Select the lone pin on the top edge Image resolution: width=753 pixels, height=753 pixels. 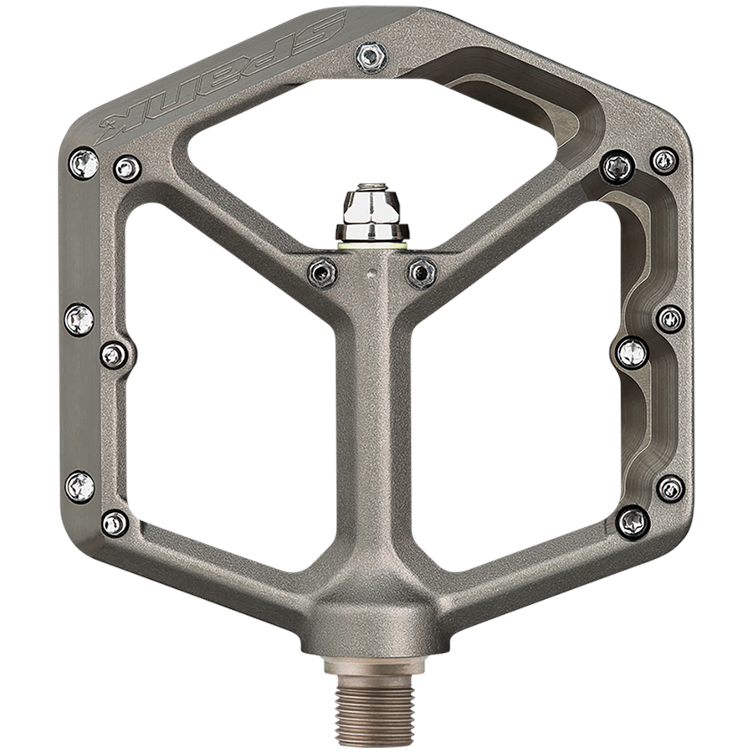click(x=371, y=57)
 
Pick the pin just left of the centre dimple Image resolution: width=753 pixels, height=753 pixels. click(x=322, y=272)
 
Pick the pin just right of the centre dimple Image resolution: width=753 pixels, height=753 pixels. click(x=422, y=272)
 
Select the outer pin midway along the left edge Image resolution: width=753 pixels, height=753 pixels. click(x=79, y=319)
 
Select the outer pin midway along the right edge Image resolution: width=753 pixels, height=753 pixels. click(x=670, y=318)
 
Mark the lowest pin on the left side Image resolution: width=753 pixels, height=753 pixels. click(x=115, y=524)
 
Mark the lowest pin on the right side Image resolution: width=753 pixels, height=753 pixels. click(x=633, y=523)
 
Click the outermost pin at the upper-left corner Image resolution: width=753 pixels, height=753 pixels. click(x=84, y=162)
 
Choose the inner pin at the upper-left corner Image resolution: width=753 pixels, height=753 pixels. click(x=127, y=169)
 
